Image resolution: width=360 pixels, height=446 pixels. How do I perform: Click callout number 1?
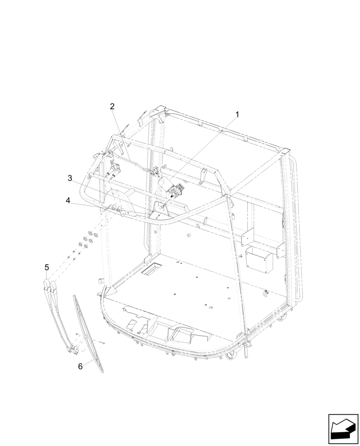point(237,115)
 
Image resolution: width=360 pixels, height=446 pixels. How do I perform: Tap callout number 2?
point(112,106)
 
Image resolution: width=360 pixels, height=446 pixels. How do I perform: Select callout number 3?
point(70,178)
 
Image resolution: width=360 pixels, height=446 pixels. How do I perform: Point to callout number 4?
point(68,201)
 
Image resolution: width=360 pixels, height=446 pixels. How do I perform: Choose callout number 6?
point(80,366)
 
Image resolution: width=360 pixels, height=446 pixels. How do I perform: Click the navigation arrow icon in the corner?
point(343,429)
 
